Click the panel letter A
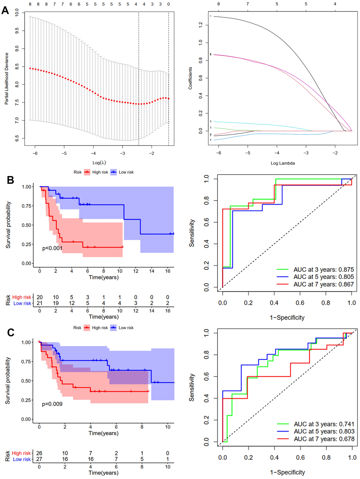tap(5, 10)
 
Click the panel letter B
tap(11, 180)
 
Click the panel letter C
tap(11, 333)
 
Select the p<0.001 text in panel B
tap(52, 248)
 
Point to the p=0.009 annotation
tap(52, 404)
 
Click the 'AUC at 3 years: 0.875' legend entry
tap(323, 269)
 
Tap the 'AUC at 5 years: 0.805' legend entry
tap(323, 277)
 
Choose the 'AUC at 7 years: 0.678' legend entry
tap(324, 439)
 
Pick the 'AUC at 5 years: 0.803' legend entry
tap(324, 431)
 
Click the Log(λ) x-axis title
tap(99, 163)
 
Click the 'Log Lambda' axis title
tap(283, 163)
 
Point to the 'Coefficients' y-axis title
tap(190, 78)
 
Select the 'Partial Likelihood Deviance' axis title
tap(6, 79)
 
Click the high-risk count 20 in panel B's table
tap(40, 297)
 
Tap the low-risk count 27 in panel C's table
tap(39, 459)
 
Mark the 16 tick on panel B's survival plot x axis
tap(168, 271)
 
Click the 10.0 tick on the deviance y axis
tap(17, 13)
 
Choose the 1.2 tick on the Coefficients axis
tap(200, 25)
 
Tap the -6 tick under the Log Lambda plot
tap(219, 153)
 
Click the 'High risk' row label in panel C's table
tap(22, 453)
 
